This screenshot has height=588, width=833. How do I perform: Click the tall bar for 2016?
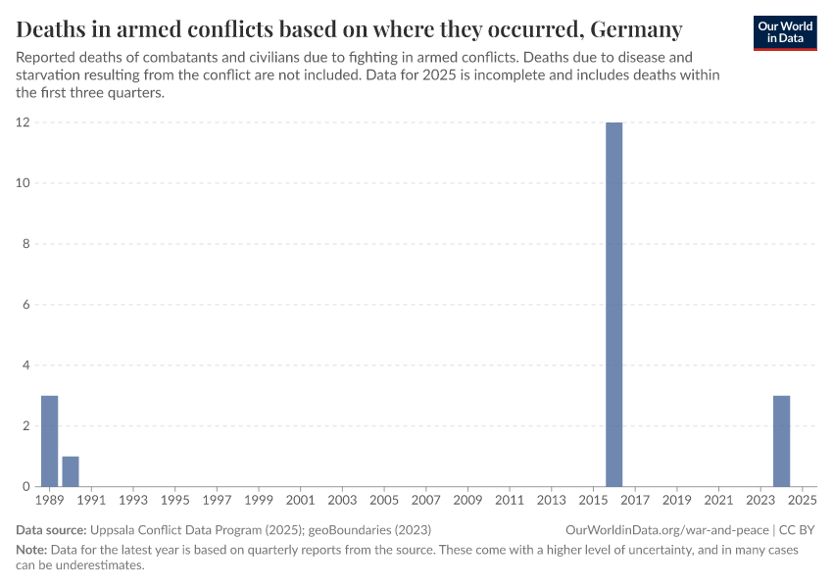click(x=613, y=304)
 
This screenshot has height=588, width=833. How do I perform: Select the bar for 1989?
click(x=49, y=441)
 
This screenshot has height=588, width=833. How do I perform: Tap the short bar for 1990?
click(x=71, y=471)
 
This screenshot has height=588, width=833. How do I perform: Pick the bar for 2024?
click(x=781, y=441)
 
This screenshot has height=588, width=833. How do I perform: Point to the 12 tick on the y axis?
click(x=23, y=122)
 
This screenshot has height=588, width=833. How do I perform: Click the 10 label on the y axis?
click(x=23, y=183)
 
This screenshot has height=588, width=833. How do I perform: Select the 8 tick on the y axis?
click(x=25, y=244)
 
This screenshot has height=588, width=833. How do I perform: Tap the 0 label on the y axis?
click(x=25, y=487)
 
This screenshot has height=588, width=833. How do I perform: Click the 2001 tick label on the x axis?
click(x=300, y=501)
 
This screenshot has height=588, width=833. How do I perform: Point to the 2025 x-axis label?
click(x=802, y=501)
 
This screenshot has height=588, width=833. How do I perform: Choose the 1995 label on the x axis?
click(x=174, y=501)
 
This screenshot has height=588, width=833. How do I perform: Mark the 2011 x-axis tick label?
click(x=510, y=501)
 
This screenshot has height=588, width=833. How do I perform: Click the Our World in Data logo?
click(x=785, y=32)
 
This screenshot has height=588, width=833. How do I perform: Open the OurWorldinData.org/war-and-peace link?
click(x=666, y=529)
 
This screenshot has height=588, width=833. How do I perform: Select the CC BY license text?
click(x=797, y=529)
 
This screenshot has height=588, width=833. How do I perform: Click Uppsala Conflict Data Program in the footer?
click(x=171, y=529)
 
